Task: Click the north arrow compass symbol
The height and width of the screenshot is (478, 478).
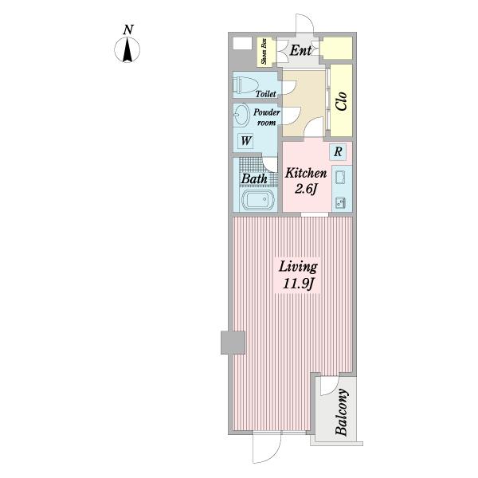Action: click(127, 49)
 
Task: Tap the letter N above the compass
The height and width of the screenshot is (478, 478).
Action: click(128, 30)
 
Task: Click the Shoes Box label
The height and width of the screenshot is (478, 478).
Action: click(264, 51)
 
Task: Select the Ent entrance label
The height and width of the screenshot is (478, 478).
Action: click(300, 50)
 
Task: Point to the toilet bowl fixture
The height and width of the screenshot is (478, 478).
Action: click(245, 84)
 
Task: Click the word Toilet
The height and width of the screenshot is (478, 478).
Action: click(266, 93)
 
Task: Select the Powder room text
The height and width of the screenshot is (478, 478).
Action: click(266, 117)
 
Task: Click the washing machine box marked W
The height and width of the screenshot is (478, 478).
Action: click(245, 141)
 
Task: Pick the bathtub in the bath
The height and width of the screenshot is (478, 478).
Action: click(258, 199)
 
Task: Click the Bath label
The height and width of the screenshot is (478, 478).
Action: click(254, 178)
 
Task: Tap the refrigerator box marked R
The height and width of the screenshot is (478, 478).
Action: click(338, 151)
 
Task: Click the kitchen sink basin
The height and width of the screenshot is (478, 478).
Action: click(340, 178)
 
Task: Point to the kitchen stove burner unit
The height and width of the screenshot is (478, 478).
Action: click(340, 202)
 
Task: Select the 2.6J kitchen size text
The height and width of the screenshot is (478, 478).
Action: click(306, 190)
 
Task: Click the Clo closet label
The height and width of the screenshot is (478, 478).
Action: click(341, 101)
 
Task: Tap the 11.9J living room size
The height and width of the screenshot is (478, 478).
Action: click(298, 284)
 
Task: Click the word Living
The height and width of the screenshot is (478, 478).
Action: click(298, 267)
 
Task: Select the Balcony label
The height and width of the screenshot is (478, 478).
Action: click(342, 412)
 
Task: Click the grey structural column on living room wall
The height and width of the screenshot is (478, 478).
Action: click(233, 343)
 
